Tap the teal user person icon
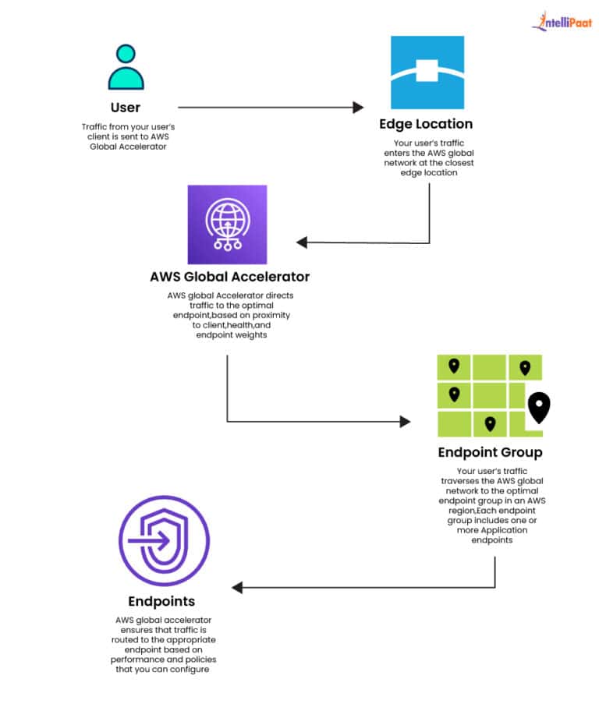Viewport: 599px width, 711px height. [x=126, y=67]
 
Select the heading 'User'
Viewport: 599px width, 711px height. [x=126, y=107]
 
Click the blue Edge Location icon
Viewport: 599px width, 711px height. [x=427, y=73]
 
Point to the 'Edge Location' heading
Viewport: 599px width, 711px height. [x=426, y=124]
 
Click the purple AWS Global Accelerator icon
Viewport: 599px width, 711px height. [x=227, y=225]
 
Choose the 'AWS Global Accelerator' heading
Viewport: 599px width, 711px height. [x=230, y=277]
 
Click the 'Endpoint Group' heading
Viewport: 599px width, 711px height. [x=490, y=453]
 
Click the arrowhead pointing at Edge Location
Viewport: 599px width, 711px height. [x=359, y=108]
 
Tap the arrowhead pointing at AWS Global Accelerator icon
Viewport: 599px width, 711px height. [x=303, y=242]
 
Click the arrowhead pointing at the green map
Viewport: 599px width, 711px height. [x=405, y=422]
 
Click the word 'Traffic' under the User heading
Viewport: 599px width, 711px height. [x=96, y=126]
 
